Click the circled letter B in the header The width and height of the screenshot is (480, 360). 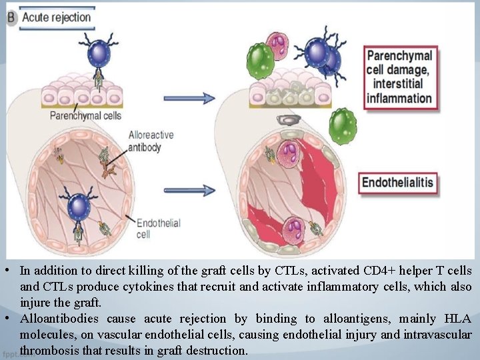click(x=11, y=17)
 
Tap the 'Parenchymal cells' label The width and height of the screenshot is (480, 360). click(x=86, y=115)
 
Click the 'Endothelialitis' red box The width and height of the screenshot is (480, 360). click(x=398, y=182)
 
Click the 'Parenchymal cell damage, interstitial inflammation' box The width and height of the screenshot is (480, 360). click(x=399, y=77)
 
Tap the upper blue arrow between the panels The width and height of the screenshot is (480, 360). click(x=190, y=98)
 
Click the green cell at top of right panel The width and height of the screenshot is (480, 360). click(x=260, y=61)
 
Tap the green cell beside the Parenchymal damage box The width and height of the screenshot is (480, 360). click(x=342, y=125)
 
